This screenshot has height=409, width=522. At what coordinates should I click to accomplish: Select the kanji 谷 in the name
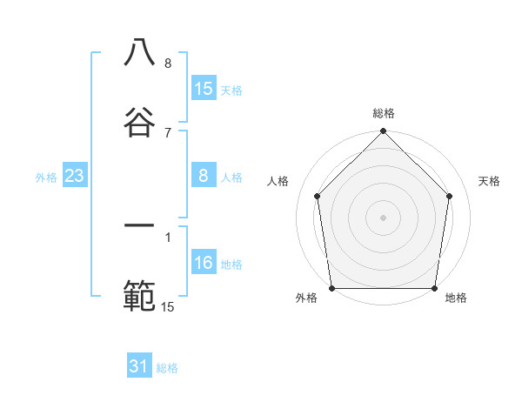[x=139, y=122]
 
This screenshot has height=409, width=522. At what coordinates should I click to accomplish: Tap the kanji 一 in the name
[x=139, y=226]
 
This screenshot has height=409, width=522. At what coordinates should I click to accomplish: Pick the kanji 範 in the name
[x=139, y=296]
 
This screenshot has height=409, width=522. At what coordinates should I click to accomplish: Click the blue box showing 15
[x=204, y=88]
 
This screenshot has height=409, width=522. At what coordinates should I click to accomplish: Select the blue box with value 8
[x=204, y=176]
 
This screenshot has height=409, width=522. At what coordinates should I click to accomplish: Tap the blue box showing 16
[x=204, y=263]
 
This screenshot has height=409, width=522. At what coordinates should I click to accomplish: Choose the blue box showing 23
[x=74, y=176]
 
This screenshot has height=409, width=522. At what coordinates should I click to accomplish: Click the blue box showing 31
[x=139, y=366]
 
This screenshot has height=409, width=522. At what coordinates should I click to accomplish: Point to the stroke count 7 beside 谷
[x=168, y=132]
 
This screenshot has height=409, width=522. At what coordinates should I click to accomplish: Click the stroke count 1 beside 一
[x=168, y=236]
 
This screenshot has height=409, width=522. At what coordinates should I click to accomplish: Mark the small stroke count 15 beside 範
[x=168, y=306]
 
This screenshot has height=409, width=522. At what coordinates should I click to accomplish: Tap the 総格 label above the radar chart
[x=384, y=113]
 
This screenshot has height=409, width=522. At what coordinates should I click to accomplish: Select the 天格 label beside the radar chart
[x=490, y=181]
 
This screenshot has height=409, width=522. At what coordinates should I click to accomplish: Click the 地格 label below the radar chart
[x=456, y=298]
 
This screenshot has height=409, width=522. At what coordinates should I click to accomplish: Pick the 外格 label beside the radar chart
[x=306, y=298]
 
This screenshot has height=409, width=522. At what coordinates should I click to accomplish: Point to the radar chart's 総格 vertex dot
[x=383, y=132]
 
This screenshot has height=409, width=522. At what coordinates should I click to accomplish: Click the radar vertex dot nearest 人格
[x=317, y=196]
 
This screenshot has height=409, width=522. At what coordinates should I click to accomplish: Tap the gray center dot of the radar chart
[x=383, y=217]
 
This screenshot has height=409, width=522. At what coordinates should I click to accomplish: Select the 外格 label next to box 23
[x=46, y=178]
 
